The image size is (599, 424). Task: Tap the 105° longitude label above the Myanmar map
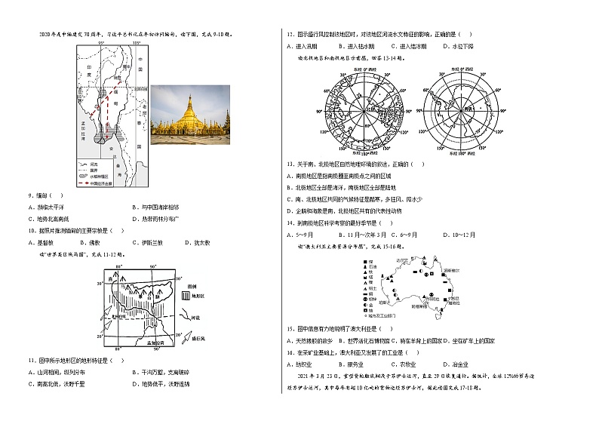pos(137,44)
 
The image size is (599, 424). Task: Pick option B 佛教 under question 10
pos(91,242)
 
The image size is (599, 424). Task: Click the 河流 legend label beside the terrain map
pos(195,318)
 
